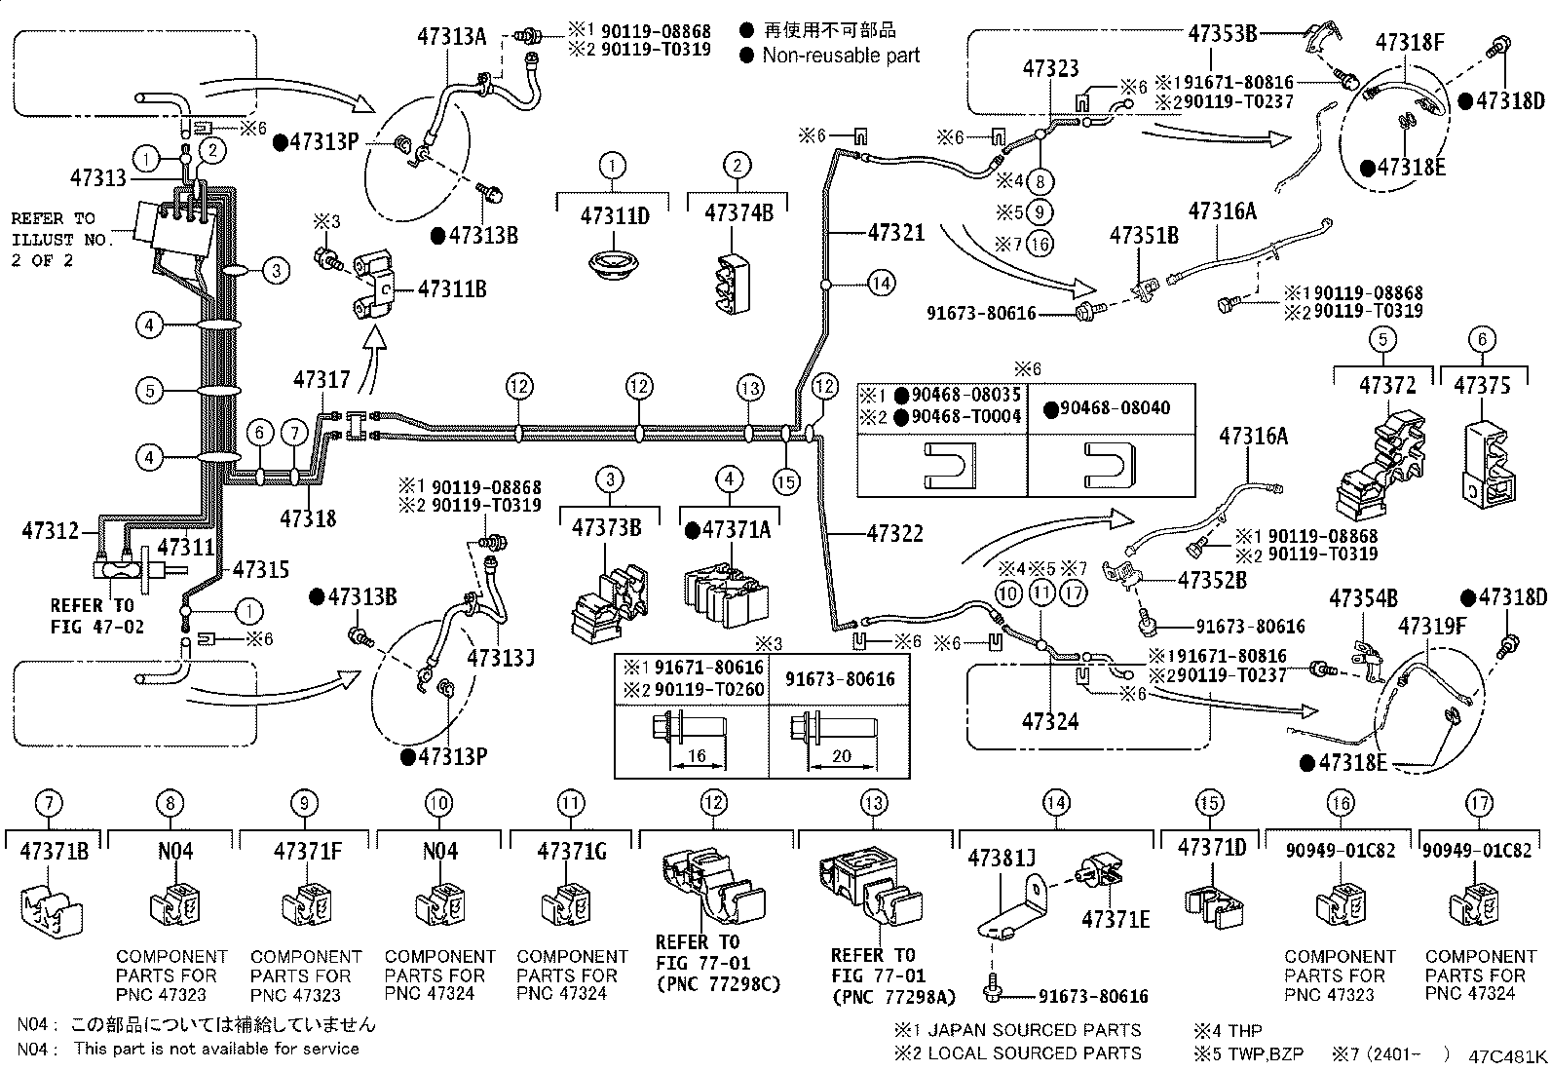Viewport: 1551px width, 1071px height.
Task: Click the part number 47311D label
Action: (615, 216)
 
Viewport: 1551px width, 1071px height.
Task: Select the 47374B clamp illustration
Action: (734, 283)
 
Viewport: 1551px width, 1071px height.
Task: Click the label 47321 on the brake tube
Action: (896, 233)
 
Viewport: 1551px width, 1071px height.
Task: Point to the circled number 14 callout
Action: (881, 284)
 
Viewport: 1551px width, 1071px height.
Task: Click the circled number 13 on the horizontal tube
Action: (750, 388)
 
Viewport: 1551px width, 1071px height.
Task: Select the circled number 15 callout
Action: (786, 481)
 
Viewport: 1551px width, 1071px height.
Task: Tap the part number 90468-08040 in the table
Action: (1115, 408)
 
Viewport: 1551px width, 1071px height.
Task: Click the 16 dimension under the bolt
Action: (698, 755)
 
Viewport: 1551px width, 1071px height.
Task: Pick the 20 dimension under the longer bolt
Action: (842, 755)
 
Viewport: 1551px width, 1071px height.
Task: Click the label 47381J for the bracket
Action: (1002, 859)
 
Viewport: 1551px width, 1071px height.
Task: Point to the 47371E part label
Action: (1116, 919)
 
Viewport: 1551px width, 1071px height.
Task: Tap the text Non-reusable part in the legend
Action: (842, 56)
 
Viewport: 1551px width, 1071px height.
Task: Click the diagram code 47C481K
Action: (1507, 1056)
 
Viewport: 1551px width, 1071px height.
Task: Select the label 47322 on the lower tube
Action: (895, 533)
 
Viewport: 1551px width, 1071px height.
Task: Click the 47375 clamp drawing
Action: (1489, 463)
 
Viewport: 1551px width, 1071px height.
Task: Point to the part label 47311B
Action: (452, 288)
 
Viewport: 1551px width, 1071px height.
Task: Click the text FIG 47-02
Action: (97, 627)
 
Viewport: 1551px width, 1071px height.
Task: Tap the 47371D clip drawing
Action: (1214, 905)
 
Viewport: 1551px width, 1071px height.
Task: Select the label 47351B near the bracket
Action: (1144, 236)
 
